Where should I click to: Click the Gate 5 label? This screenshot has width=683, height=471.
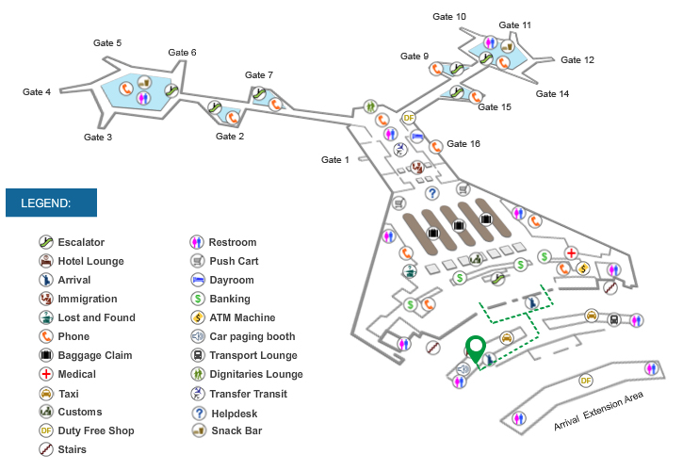[x=106, y=43]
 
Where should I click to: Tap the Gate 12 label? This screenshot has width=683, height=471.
[x=577, y=60]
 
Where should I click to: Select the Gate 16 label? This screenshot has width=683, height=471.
[x=463, y=144]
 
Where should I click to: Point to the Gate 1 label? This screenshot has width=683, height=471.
[x=335, y=159]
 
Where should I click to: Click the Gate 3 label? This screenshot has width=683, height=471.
[x=98, y=138]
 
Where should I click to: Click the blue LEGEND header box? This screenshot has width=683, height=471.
[x=51, y=203]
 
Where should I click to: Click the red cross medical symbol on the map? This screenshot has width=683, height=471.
[x=570, y=253]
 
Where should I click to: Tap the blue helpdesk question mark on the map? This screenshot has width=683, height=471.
[x=433, y=193]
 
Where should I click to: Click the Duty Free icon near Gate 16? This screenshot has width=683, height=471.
[x=409, y=118]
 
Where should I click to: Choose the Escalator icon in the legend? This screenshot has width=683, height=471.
[x=45, y=242]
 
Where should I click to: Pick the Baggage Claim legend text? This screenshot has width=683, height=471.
[x=94, y=355]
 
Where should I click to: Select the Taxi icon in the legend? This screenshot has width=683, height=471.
[x=45, y=393]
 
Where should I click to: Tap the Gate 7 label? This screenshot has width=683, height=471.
[x=259, y=75]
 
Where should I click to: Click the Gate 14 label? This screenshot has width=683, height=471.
[x=552, y=94]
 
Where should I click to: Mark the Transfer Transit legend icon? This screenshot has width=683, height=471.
[x=198, y=393]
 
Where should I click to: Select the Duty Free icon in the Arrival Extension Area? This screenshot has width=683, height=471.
[x=586, y=381]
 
